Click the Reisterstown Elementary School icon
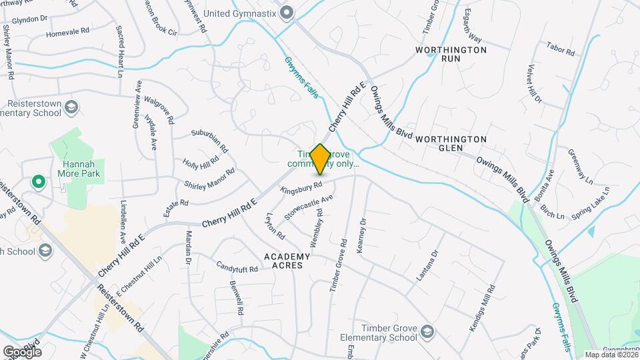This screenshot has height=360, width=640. [72, 107]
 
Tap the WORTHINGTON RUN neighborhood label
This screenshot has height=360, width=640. [451, 54]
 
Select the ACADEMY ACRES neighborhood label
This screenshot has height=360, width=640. [287, 261]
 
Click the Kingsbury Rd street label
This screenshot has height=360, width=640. [302, 189]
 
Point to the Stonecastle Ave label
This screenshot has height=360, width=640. [308, 208]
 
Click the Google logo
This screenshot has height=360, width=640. [22, 351]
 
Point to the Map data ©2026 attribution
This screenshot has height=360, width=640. [611, 354]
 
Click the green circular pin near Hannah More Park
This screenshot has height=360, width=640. [39, 181]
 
